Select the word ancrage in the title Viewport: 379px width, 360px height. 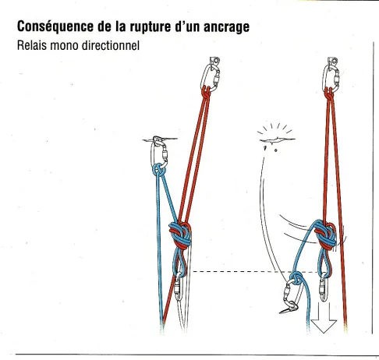tap(226, 27)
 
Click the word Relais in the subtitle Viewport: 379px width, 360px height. tap(32, 45)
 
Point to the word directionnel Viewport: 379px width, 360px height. tap(111, 45)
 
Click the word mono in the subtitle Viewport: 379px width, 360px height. tap(64, 46)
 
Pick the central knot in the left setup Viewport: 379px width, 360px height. tap(180, 235)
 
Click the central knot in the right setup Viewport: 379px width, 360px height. tap(325, 235)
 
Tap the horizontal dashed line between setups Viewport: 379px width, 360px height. tap(256, 272)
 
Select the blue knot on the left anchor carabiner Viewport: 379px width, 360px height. tap(158, 171)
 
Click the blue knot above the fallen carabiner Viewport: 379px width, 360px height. tap(296, 277)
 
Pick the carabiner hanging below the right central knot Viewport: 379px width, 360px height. tap(324, 288)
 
